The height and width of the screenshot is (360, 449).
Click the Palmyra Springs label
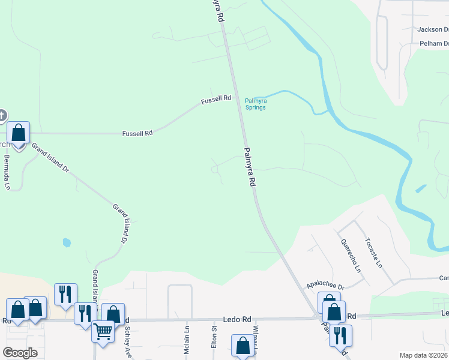(256, 104)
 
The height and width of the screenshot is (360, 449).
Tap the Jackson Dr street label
(433, 29)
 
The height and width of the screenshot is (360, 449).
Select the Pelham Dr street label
(434, 44)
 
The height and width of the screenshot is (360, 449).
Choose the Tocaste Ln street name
(373, 253)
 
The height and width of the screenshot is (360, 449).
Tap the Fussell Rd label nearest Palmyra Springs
(216, 98)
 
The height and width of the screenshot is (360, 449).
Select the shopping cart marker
(103, 331)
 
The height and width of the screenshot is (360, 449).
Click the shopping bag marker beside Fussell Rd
(19, 133)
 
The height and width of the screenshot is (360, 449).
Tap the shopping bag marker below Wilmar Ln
(243, 346)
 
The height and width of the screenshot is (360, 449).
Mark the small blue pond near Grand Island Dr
(66, 243)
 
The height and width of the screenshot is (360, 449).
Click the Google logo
(20, 353)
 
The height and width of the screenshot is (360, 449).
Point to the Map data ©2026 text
(424, 355)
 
